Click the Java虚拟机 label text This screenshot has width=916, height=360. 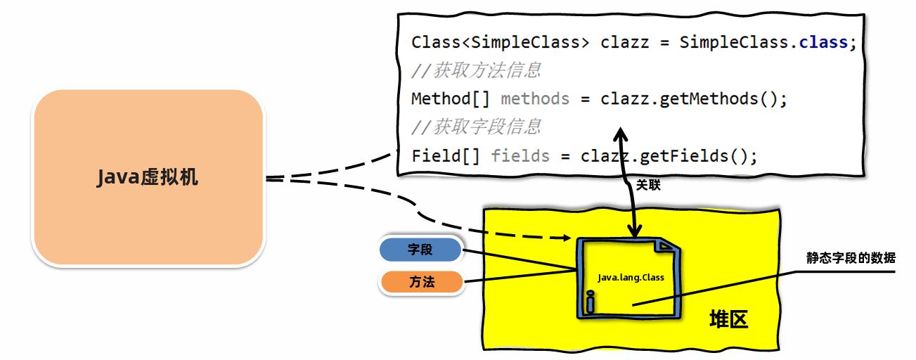pyautogui.click(x=148, y=177)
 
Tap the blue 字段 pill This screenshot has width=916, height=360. pyautogui.click(x=420, y=250)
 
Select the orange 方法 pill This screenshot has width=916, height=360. pyautogui.click(x=422, y=282)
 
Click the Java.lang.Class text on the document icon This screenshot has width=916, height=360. pyautogui.click(x=631, y=278)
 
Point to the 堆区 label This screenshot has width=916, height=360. pyautogui.click(x=729, y=319)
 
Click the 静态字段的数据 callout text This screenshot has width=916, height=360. pyautogui.click(x=851, y=258)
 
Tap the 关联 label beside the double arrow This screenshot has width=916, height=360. pyautogui.click(x=648, y=185)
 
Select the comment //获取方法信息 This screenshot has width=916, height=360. pyautogui.click(x=476, y=70)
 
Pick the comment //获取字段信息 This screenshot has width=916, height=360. pyautogui.click(x=476, y=127)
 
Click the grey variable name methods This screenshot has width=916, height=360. pyautogui.click(x=535, y=99)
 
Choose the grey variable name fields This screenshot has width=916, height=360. pyautogui.click(x=520, y=156)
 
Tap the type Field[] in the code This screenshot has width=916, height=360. pyautogui.click(x=446, y=156)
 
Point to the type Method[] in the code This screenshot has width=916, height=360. pyautogui.click(x=451, y=99)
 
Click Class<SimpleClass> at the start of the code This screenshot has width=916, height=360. pyautogui.click(x=501, y=43)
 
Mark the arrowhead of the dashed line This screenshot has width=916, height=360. pyautogui.click(x=567, y=238)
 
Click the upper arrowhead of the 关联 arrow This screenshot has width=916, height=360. pyautogui.click(x=620, y=134)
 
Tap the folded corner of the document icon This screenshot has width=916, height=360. pyautogui.click(x=665, y=246)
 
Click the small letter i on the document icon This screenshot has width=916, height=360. pyautogui.click(x=590, y=302)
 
